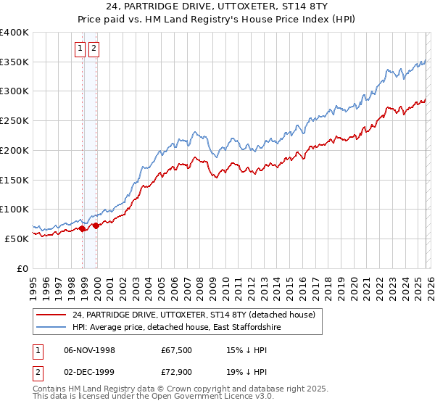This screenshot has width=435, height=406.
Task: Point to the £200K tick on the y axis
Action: [x=14, y=150]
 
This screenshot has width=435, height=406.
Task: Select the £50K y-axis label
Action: [x=17, y=239]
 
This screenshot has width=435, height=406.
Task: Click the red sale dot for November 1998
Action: [x=83, y=228]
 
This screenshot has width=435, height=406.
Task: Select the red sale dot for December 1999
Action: [x=96, y=225]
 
